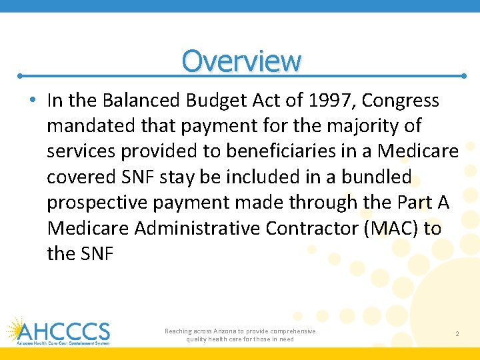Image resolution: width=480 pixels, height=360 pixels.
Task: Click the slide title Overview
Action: [x=241, y=61]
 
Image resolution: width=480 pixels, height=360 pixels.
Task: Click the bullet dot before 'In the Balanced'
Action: [x=33, y=101]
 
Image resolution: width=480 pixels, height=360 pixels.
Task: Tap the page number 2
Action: [x=457, y=333]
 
